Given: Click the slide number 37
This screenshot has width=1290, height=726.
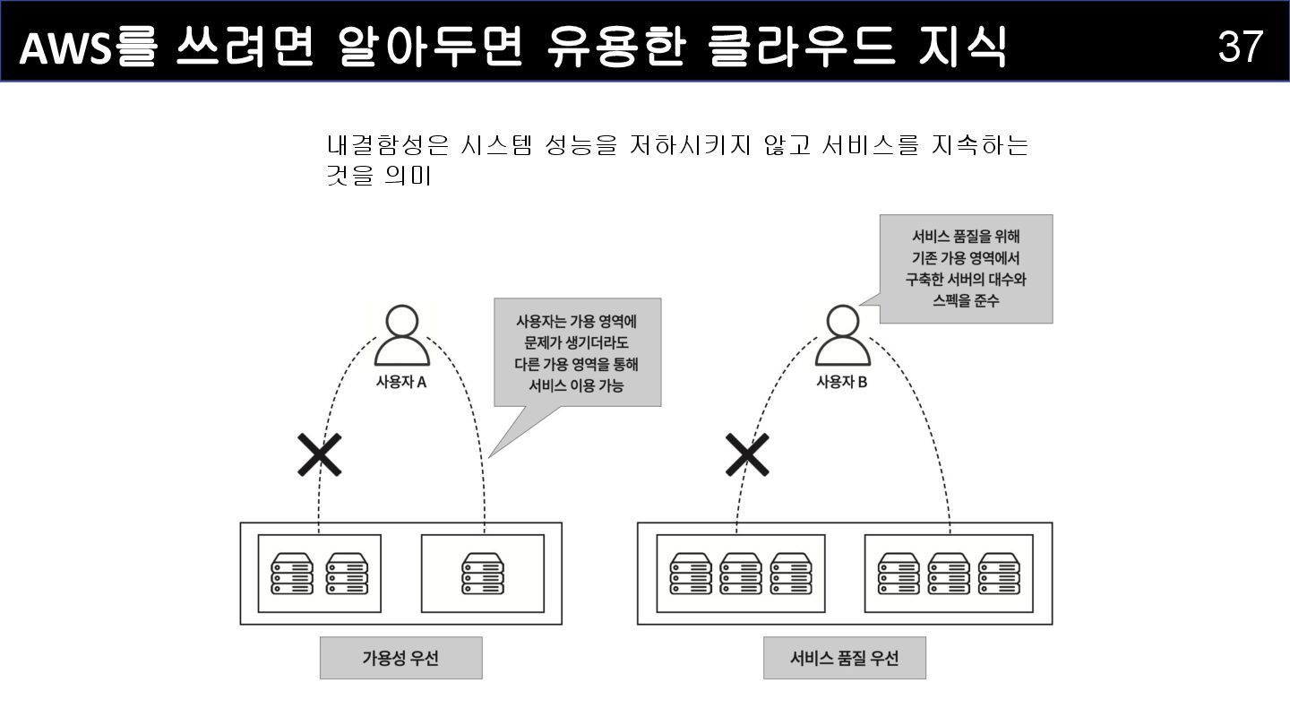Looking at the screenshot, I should point(1240,46).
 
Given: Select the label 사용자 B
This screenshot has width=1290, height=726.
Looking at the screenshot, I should point(842,382).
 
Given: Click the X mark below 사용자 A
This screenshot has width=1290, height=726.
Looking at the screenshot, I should point(320,454).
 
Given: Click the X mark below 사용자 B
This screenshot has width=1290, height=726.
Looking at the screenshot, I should point(747,454).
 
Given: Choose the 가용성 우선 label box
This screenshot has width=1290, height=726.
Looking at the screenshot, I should point(400,658).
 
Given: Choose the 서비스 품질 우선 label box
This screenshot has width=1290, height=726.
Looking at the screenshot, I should point(844,658).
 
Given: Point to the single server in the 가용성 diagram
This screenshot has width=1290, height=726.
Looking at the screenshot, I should point(482,574).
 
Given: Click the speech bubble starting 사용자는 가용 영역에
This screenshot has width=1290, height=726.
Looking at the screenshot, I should point(577,353).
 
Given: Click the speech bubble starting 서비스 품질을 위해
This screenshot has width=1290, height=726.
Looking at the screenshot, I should point(966,268).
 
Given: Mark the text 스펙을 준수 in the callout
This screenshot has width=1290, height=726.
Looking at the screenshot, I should point(966,301).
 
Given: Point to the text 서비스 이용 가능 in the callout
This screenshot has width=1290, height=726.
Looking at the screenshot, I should point(577,386).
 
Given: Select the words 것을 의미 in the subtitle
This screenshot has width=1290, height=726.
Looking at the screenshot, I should point(379,176).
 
